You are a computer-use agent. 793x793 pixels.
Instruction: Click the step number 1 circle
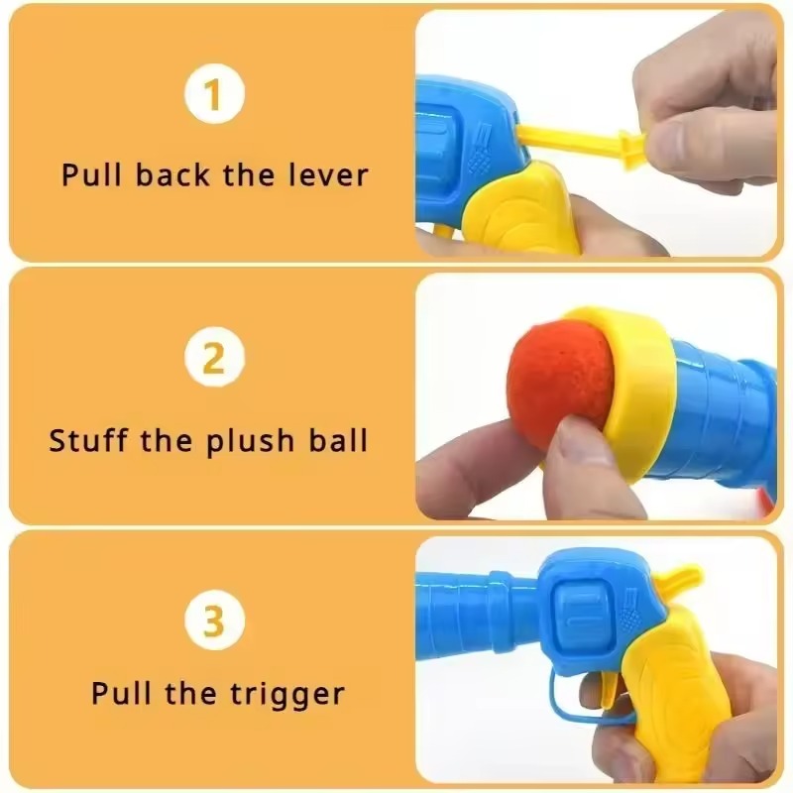click(213, 96)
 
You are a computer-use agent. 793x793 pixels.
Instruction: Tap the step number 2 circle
click(213, 358)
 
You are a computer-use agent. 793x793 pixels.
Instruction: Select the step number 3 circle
click(213, 621)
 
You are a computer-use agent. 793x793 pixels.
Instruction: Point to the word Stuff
click(89, 439)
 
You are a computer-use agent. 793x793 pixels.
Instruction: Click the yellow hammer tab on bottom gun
click(680, 578)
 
